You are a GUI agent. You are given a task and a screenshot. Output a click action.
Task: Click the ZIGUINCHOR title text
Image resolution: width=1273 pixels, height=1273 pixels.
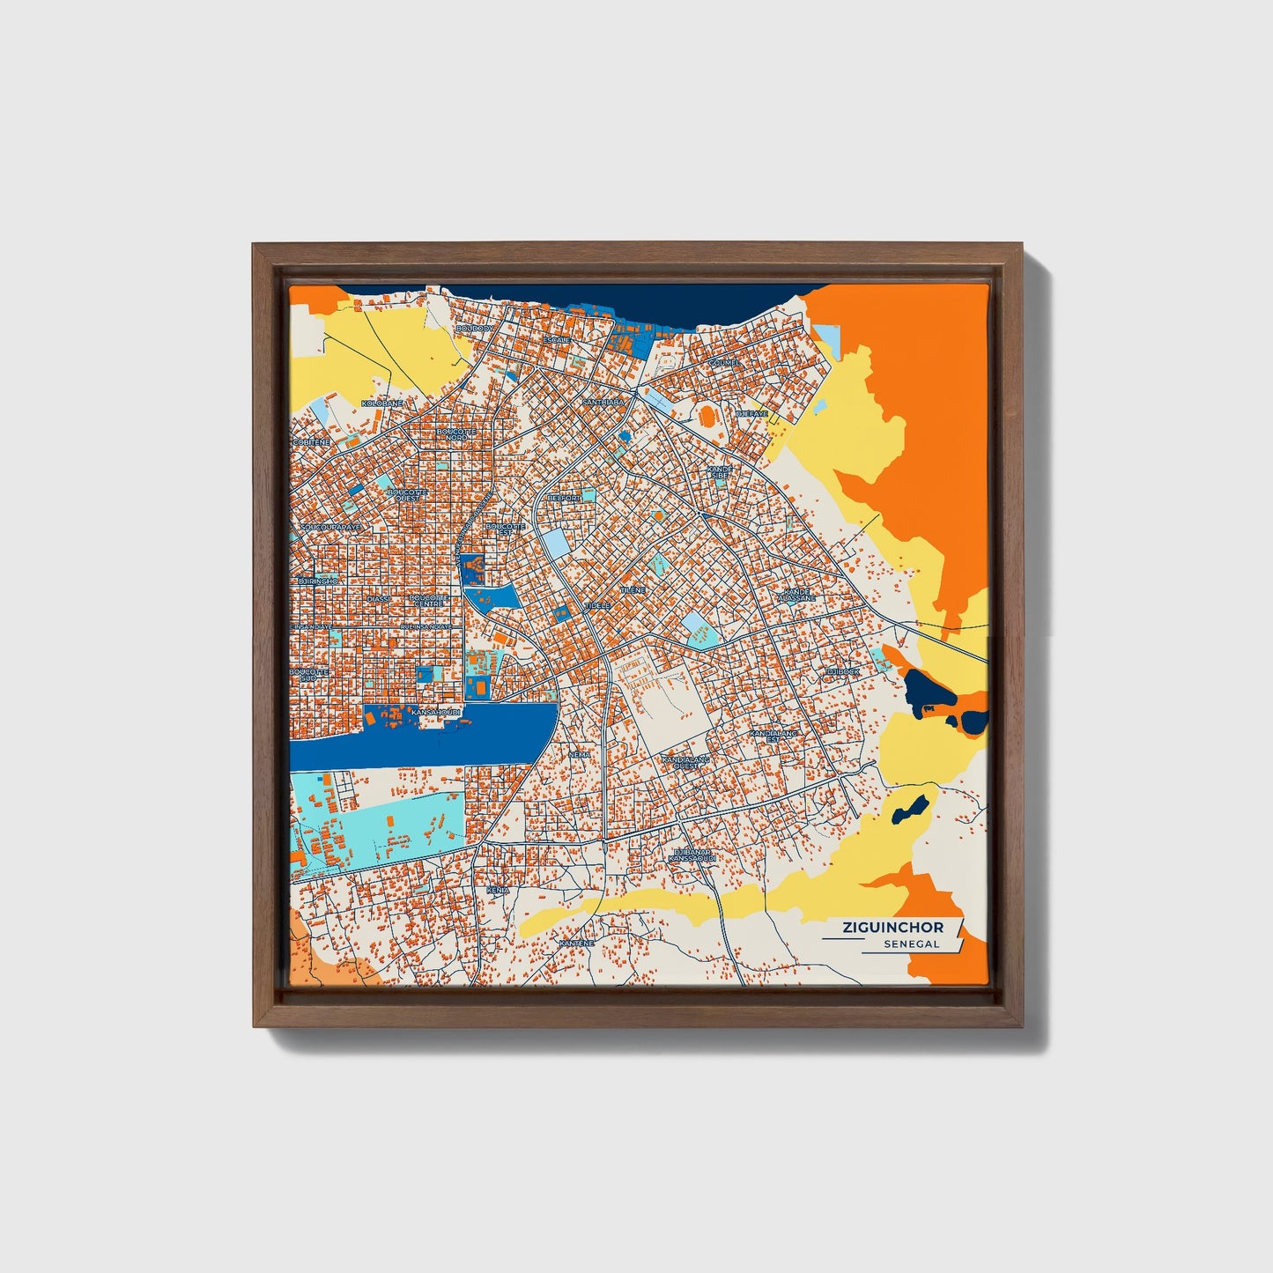(892, 927)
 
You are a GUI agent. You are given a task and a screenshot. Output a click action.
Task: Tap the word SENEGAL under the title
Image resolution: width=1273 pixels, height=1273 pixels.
(912, 944)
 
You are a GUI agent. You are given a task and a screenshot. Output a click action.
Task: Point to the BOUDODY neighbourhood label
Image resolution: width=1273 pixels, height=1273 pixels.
(476, 329)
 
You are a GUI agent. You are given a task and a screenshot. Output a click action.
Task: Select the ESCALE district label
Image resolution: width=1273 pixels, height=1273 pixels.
(557, 339)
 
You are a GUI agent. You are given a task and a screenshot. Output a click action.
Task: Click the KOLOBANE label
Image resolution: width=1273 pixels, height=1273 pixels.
(382, 403)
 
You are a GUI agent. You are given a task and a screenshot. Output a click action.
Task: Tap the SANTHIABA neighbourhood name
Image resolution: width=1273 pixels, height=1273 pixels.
(603, 402)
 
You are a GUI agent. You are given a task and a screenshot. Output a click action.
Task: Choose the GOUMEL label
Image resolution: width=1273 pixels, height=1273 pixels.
(724, 362)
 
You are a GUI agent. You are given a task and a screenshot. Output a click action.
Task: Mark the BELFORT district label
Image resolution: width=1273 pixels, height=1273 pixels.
(564, 498)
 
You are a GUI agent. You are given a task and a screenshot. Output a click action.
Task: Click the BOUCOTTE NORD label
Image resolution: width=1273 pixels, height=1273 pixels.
(456, 434)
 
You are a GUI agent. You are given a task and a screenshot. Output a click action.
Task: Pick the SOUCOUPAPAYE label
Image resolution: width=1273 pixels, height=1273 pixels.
(330, 528)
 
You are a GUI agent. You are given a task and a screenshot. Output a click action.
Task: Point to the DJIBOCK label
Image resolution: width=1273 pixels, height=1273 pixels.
(842, 671)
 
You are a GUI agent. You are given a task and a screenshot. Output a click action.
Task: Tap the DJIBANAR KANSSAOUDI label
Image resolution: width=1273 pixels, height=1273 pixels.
(692, 855)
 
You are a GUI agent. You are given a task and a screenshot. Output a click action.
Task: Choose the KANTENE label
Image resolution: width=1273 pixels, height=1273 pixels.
(577, 943)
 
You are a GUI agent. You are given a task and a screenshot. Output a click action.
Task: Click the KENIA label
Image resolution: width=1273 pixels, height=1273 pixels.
(498, 891)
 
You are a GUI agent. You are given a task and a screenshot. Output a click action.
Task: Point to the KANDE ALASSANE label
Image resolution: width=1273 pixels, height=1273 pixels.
(797, 595)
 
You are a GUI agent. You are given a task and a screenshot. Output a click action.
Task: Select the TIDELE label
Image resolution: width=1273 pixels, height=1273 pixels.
(596, 606)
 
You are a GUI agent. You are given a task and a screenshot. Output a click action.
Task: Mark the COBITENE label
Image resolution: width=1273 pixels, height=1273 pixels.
(311, 441)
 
